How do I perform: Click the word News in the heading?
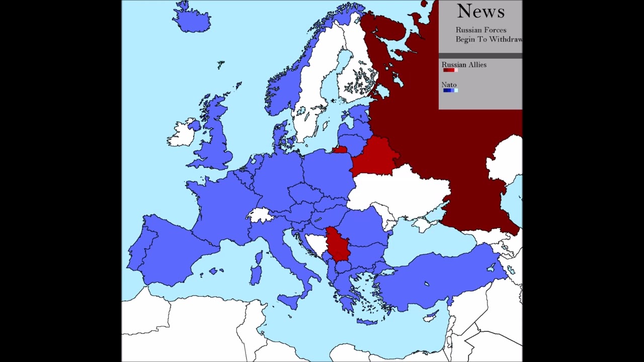480,11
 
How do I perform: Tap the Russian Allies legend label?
464,65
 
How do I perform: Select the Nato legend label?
449,85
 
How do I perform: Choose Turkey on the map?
438,277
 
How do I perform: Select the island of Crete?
367,322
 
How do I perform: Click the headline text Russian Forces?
480,30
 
